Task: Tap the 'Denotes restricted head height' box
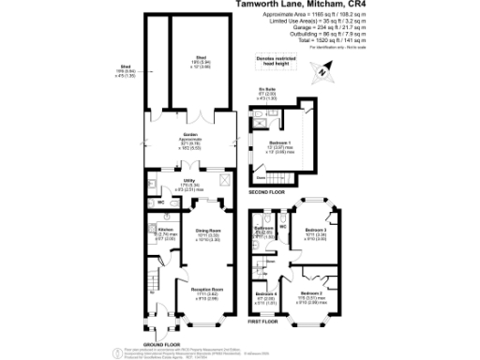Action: (279, 61)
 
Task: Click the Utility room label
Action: (191, 186)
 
